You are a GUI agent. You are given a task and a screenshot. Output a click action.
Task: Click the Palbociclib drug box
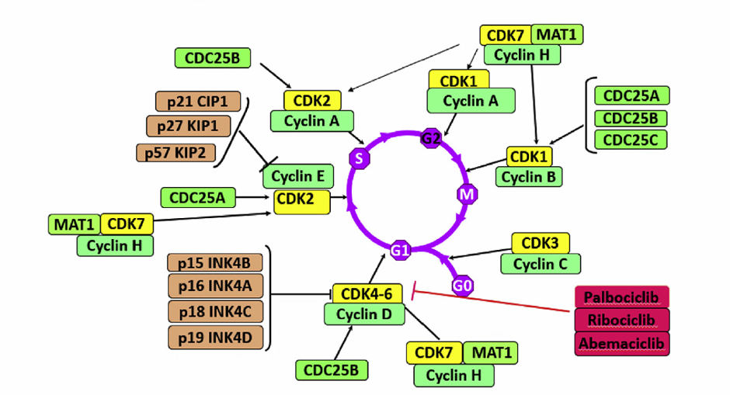[x=622, y=297]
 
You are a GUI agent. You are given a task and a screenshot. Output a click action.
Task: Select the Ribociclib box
[x=622, y=320]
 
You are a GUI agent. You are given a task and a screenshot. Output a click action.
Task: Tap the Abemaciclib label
[x=622, y=342]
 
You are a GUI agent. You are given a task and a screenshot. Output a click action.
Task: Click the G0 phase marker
[x=463, y=286]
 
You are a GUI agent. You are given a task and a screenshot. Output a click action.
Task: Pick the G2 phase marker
[x=431, y=138]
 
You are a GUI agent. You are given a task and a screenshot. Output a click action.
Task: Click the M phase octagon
[x=467, y=194]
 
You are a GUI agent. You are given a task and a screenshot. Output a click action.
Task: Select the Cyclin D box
[x=364, y=314]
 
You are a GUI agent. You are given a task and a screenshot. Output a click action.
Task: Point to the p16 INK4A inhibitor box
[x=215, y=287]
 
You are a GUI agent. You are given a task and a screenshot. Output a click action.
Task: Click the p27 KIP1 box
[x=188, y=126]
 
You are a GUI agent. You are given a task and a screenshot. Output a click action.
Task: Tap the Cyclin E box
[x=298, y=176]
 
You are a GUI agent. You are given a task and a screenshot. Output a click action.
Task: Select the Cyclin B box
[x=530, y=177]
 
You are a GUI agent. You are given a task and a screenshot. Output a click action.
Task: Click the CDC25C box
[x=631, y=139]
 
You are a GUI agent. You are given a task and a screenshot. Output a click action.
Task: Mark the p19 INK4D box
[x=215, y=337]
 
